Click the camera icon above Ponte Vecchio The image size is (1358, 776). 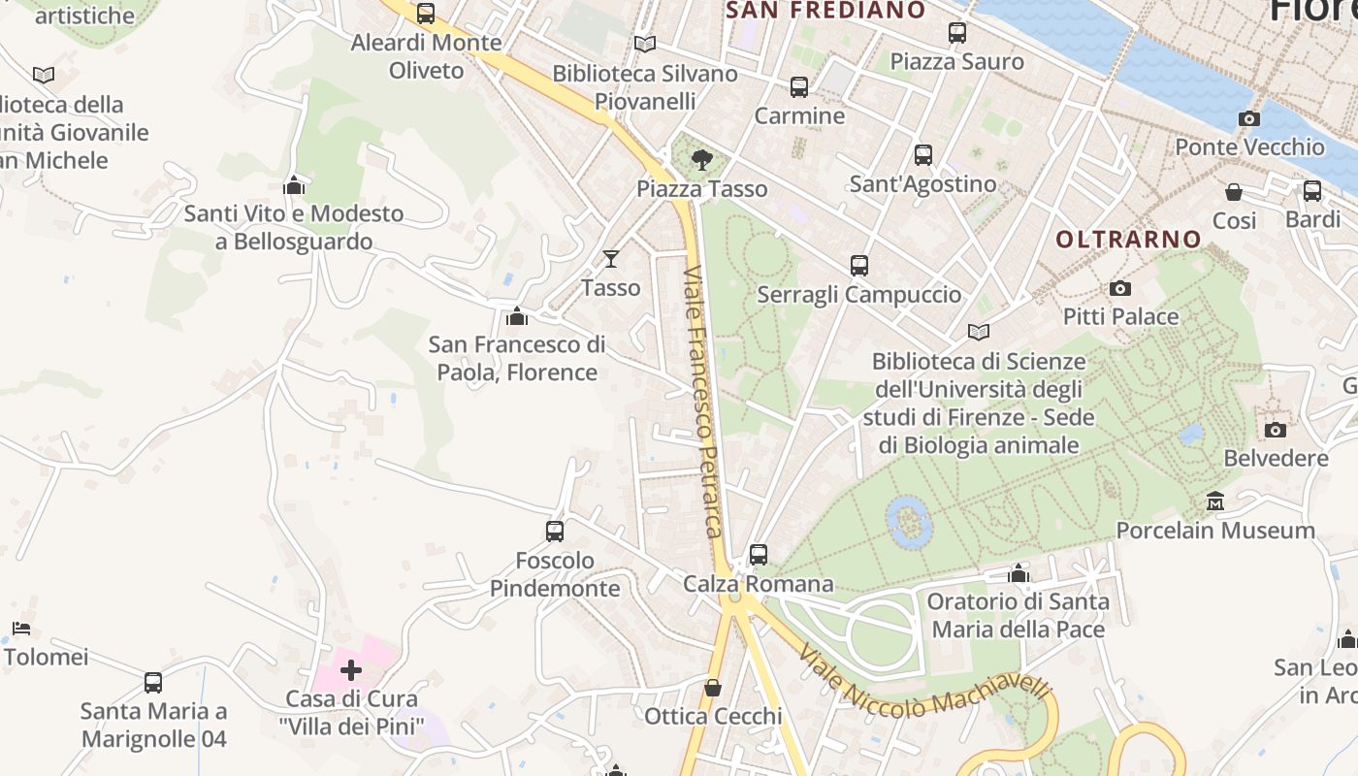pyautogui.click(x=1249, y=119)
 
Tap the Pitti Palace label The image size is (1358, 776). pyautogui.click(x=1120, y=316)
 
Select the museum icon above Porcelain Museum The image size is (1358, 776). pyautogui.click(x=1214, y=501)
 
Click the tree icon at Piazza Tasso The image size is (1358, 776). pyautogui.click(x=701, y=159)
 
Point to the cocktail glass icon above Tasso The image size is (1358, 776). pyautogui.click(x=611, y=258)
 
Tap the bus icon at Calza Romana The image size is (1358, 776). pyautogui.click(x=759, y=555)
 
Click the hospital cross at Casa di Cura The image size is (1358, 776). pyautogui.click(x=351, y=669)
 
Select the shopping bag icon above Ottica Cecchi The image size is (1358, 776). pyautogui.click(x=713, y=688)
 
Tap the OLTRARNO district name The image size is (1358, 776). pyautogui.click(x=1128, y=239)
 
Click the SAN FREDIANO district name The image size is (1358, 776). pyautogui.click(x=825, y=11)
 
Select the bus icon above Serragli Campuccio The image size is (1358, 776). pyautogui.click(x=858, y=265)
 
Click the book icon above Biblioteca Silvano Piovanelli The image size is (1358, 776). pyautogui.click(x=644, y=44)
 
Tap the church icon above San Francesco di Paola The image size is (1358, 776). pyautogui.click(x=516, y=316)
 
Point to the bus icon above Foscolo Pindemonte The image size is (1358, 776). pyautogui.click(x=555, y=532)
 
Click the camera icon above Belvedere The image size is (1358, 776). pyautogui.click(x=1276, y=430)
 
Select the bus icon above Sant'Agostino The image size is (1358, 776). pyautogui.click(x=923, y=155)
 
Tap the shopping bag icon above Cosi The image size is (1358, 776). pyautogui.click(x=1234, y=192)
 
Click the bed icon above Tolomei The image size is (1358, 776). pyautogui.click(x=21, y=629)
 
